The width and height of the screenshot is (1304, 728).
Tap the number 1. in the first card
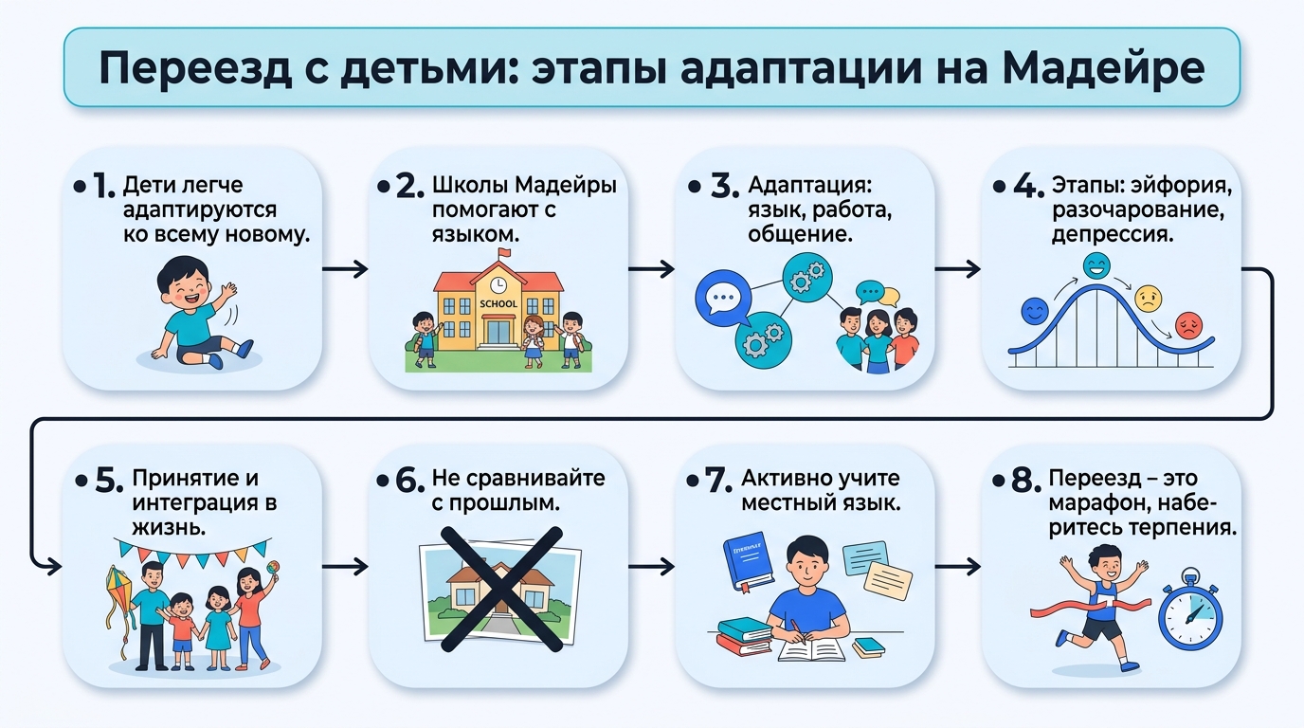point(103,187)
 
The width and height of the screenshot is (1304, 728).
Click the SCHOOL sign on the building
point(498,303)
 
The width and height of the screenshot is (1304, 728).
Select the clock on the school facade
point(498,284)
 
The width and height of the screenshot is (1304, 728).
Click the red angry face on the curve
point(1188,325)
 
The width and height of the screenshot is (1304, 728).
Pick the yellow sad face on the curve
point(1148,299)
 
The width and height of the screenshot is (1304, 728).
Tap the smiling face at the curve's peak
point(1096,266)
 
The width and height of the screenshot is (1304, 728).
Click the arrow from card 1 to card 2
point(345,269)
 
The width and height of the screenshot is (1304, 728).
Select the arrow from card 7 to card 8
point(957,566)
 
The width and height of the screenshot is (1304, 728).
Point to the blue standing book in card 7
point(749,560)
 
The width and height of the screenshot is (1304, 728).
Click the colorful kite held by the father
point(118,589)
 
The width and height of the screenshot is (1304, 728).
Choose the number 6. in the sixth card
point(409,481)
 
